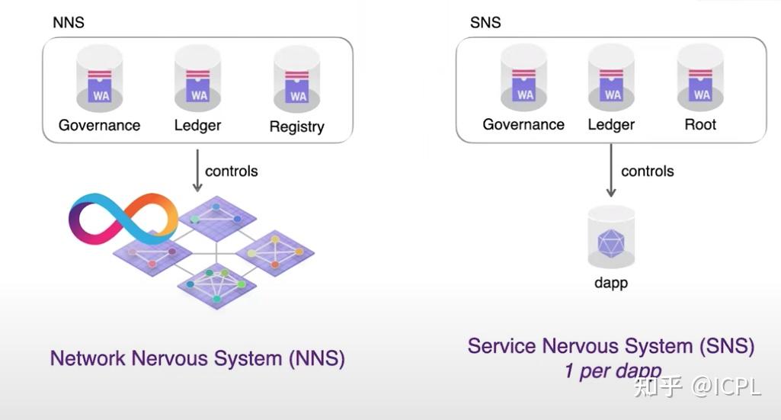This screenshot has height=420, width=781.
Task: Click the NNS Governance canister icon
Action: pyautogui.click(x=99, y=79)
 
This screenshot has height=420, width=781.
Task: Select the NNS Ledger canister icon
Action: pyautogui.click(x=198, y=79)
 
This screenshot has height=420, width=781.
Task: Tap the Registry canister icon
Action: pyautogui.click(x=297, y=81)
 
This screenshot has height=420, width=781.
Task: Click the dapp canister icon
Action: pyautogui.click(x=611, y=238)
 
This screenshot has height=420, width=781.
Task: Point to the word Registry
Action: pyautogui.click(x=297, y=127)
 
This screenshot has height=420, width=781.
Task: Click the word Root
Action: pyautogui.click(x=700, y=124)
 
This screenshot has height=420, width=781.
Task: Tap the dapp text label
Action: pyautogui.click(x=611, y=283)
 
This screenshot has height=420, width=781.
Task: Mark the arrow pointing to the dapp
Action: pyautogui.click(x=611, y=172)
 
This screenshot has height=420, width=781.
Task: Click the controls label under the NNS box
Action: pyautogui.click(x=232, y=171)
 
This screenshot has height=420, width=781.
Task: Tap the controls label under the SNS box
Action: pyautogui.click(x=648, y=171)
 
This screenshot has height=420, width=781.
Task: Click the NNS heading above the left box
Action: pyautogui.click(x=68, y=22)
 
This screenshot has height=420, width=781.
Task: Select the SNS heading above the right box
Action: pyautogui.click(x=485, y=22)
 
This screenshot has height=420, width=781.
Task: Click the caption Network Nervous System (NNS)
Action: pyautogui.click(x=197, y=357)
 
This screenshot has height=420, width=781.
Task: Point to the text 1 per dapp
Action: pyautogui.click(x=612, y=371)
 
